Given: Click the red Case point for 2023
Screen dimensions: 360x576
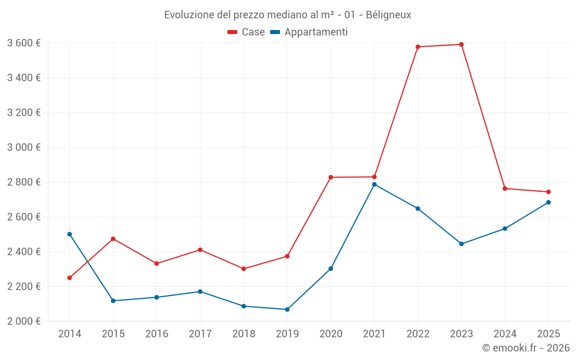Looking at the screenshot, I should (461, 44).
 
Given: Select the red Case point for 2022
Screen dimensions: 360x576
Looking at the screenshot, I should (418, 47).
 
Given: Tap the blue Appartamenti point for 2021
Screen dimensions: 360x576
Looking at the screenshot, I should (374, 184).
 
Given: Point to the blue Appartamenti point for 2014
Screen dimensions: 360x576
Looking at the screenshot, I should (70, 234).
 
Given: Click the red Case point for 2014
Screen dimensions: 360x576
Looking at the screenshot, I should (70, 278).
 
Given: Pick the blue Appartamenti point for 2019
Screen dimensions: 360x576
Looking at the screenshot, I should (287, 309).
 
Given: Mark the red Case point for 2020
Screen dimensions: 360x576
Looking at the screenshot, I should (331, 177).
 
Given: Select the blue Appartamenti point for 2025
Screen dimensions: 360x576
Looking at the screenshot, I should (548, 202).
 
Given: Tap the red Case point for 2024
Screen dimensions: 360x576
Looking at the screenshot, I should (505, 188).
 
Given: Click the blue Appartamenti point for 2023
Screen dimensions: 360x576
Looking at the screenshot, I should (461, 244).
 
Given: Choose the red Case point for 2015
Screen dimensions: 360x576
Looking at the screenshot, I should (113, 238).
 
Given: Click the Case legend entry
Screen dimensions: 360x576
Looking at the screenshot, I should (247, 32).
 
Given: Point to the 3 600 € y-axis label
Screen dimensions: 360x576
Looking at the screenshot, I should (24, 43).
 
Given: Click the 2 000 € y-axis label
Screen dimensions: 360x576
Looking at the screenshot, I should (24, 321).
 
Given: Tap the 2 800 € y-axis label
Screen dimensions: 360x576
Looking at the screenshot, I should (24, 182).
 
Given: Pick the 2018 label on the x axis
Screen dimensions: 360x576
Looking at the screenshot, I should (244, 334).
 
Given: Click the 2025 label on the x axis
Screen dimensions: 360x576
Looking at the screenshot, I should (548, 334).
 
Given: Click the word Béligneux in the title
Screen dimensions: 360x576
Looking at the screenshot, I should (388, 14).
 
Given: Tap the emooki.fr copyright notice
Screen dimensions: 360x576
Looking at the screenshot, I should (525, 347).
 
